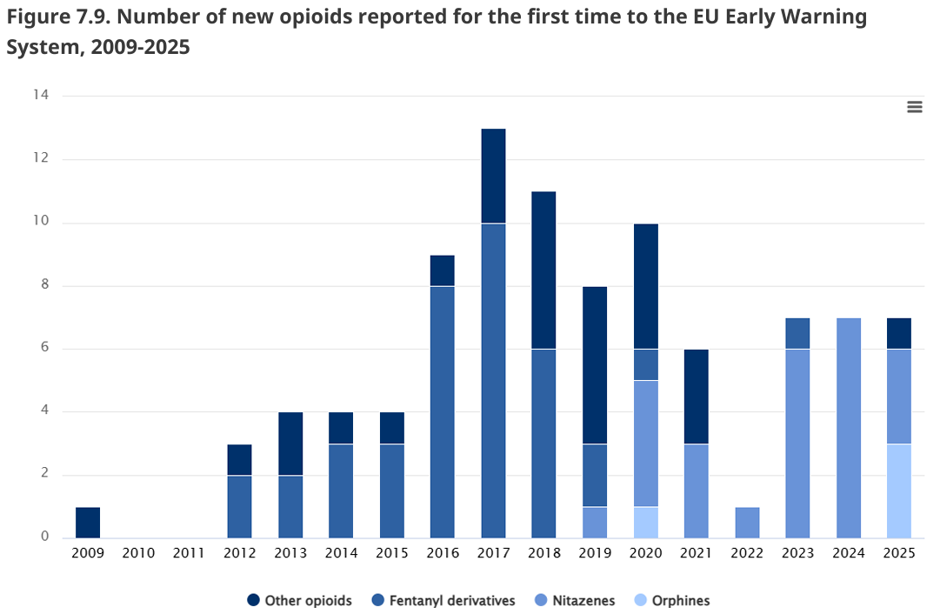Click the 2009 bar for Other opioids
click(88, 523)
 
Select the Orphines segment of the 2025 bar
click(898, 491)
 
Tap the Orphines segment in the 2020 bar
click(645, 523)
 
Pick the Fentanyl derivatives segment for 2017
click(493, 381)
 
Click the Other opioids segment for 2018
click(543, 270)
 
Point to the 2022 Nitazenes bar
click(747, 523)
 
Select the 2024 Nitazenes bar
click(849, 428)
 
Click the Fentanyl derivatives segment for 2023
click(797, 333)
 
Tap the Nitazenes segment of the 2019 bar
click(595, 523)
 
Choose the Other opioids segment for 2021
click(696, 397)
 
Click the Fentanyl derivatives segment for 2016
click(443, 412)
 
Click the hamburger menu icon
click(914, 107)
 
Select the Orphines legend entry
click(672, 600)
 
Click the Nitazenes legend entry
click(574, 600)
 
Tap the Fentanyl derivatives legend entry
click(443, 600)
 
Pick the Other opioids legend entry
click(299, 600)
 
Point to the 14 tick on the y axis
click(41, 95)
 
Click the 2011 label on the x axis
click(189, 553)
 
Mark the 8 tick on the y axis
click(45, 284)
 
